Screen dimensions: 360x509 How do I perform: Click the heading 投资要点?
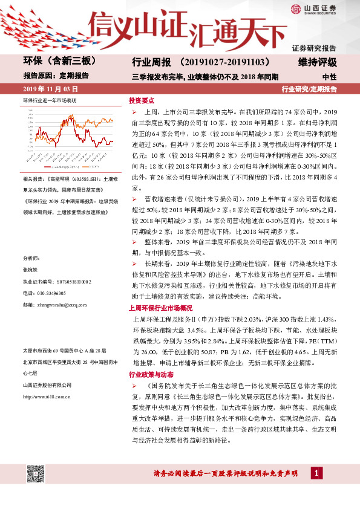click(142, 101)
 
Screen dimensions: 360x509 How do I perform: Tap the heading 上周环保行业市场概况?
click(160, 308)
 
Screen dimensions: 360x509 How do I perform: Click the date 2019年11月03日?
click(45, 89)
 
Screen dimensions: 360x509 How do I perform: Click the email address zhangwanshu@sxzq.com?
click(54, 305)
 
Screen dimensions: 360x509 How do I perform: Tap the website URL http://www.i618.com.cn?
click(49, 396)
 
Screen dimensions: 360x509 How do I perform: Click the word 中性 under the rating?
click(329, 77)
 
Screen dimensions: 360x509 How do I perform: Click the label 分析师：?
click(31, 258)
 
